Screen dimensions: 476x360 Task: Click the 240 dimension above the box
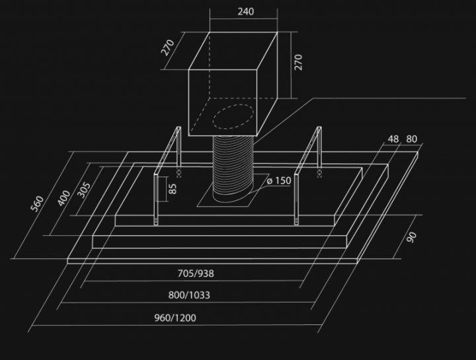click(x=245, y=11)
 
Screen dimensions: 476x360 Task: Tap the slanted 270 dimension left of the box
click(x=167, y=48)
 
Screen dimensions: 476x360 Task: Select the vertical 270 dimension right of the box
click(x=298, y=62)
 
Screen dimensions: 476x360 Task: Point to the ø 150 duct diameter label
click(x=279, y=181)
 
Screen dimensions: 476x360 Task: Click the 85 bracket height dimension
click(x=173, y=188)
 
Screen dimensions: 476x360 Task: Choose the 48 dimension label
click(x=393, y=139)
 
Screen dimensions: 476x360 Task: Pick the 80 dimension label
click(x=411, y=139)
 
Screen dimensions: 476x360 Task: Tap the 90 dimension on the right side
click(x=412, y=237)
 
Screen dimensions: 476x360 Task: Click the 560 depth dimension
click(x=37, y=204)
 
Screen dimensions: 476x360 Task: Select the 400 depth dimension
click(x=63, y=198)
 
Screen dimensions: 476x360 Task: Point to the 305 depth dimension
click(x=85, y=190)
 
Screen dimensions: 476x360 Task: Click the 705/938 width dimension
click(x=196, y=273)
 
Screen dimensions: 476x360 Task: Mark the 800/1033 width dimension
click(x=189, y=295)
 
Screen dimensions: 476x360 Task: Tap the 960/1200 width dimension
click(x=175, y=318)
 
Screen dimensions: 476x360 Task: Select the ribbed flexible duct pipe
click(x=233, y=170)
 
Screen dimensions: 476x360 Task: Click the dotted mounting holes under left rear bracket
click(x=178, y=173)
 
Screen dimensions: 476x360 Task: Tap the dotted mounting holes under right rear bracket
click(x=319, y=173)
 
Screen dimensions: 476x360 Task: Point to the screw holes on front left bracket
click(x=156, y=221)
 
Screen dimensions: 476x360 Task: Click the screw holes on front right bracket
click(x=296, y=221)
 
